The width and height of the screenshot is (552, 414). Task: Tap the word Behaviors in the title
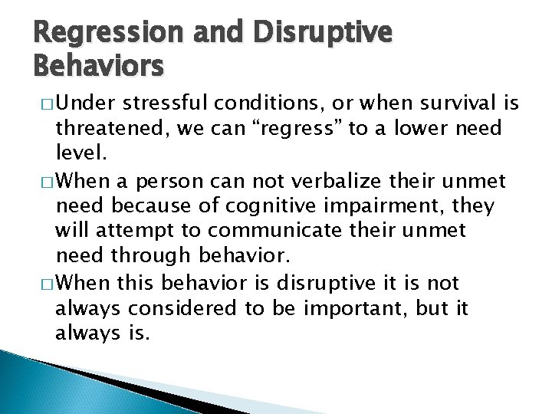[98, 67]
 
